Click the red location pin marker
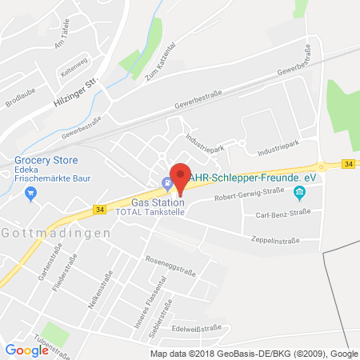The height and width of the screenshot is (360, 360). (x=180, y=178)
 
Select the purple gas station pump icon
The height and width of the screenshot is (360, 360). (x=166, y=182)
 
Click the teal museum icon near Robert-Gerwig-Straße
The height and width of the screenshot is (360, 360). (x=299, y=192)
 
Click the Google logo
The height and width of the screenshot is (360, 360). (x=26, y=349)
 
